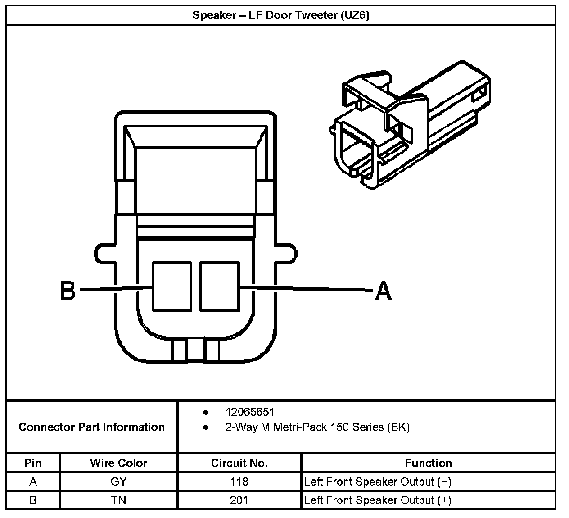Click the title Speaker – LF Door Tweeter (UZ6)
(281, 15)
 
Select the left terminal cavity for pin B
(172, 286)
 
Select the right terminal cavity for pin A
(219, 286)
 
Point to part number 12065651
(250, 412)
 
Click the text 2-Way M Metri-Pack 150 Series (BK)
(317, 427)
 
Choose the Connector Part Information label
(91, 427)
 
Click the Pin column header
(33, 463)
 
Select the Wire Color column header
(118, 463)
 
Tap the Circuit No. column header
(239, 463)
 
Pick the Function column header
(428, 463)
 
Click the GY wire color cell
(118, 482)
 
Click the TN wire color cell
(118, 500)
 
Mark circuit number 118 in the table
(239, 482)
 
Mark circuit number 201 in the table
(239, 500)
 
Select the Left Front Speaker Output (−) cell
(377, 482)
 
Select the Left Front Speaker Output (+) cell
(377, 500)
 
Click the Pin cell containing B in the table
(33, 500)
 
